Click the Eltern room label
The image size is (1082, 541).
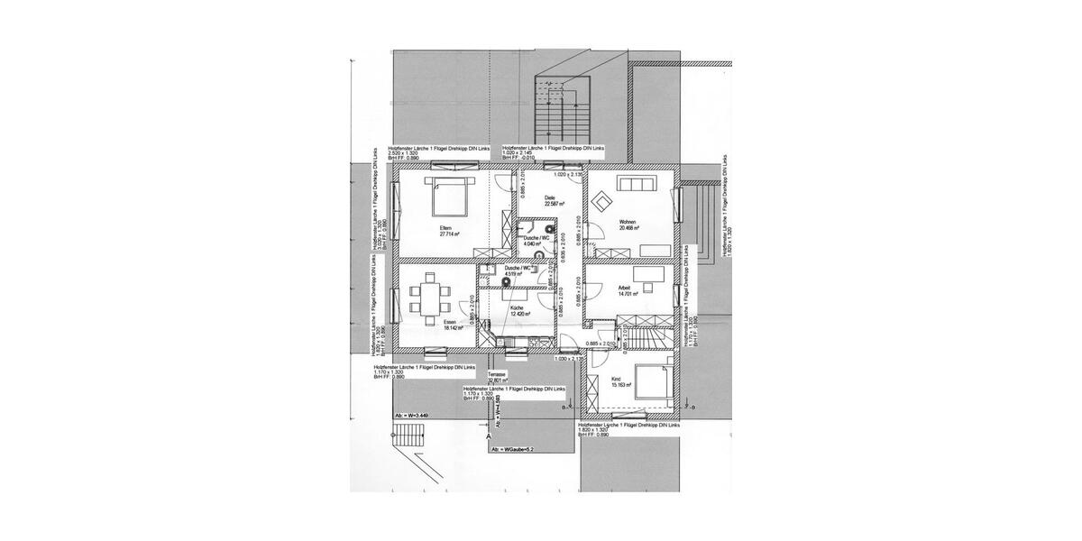tap(445, 228)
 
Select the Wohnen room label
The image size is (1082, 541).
tap(628, 222)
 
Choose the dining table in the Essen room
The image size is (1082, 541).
tap(427, 298)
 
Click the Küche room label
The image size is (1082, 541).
tap(518, 308)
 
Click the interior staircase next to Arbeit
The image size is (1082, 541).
tap(646, 333)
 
